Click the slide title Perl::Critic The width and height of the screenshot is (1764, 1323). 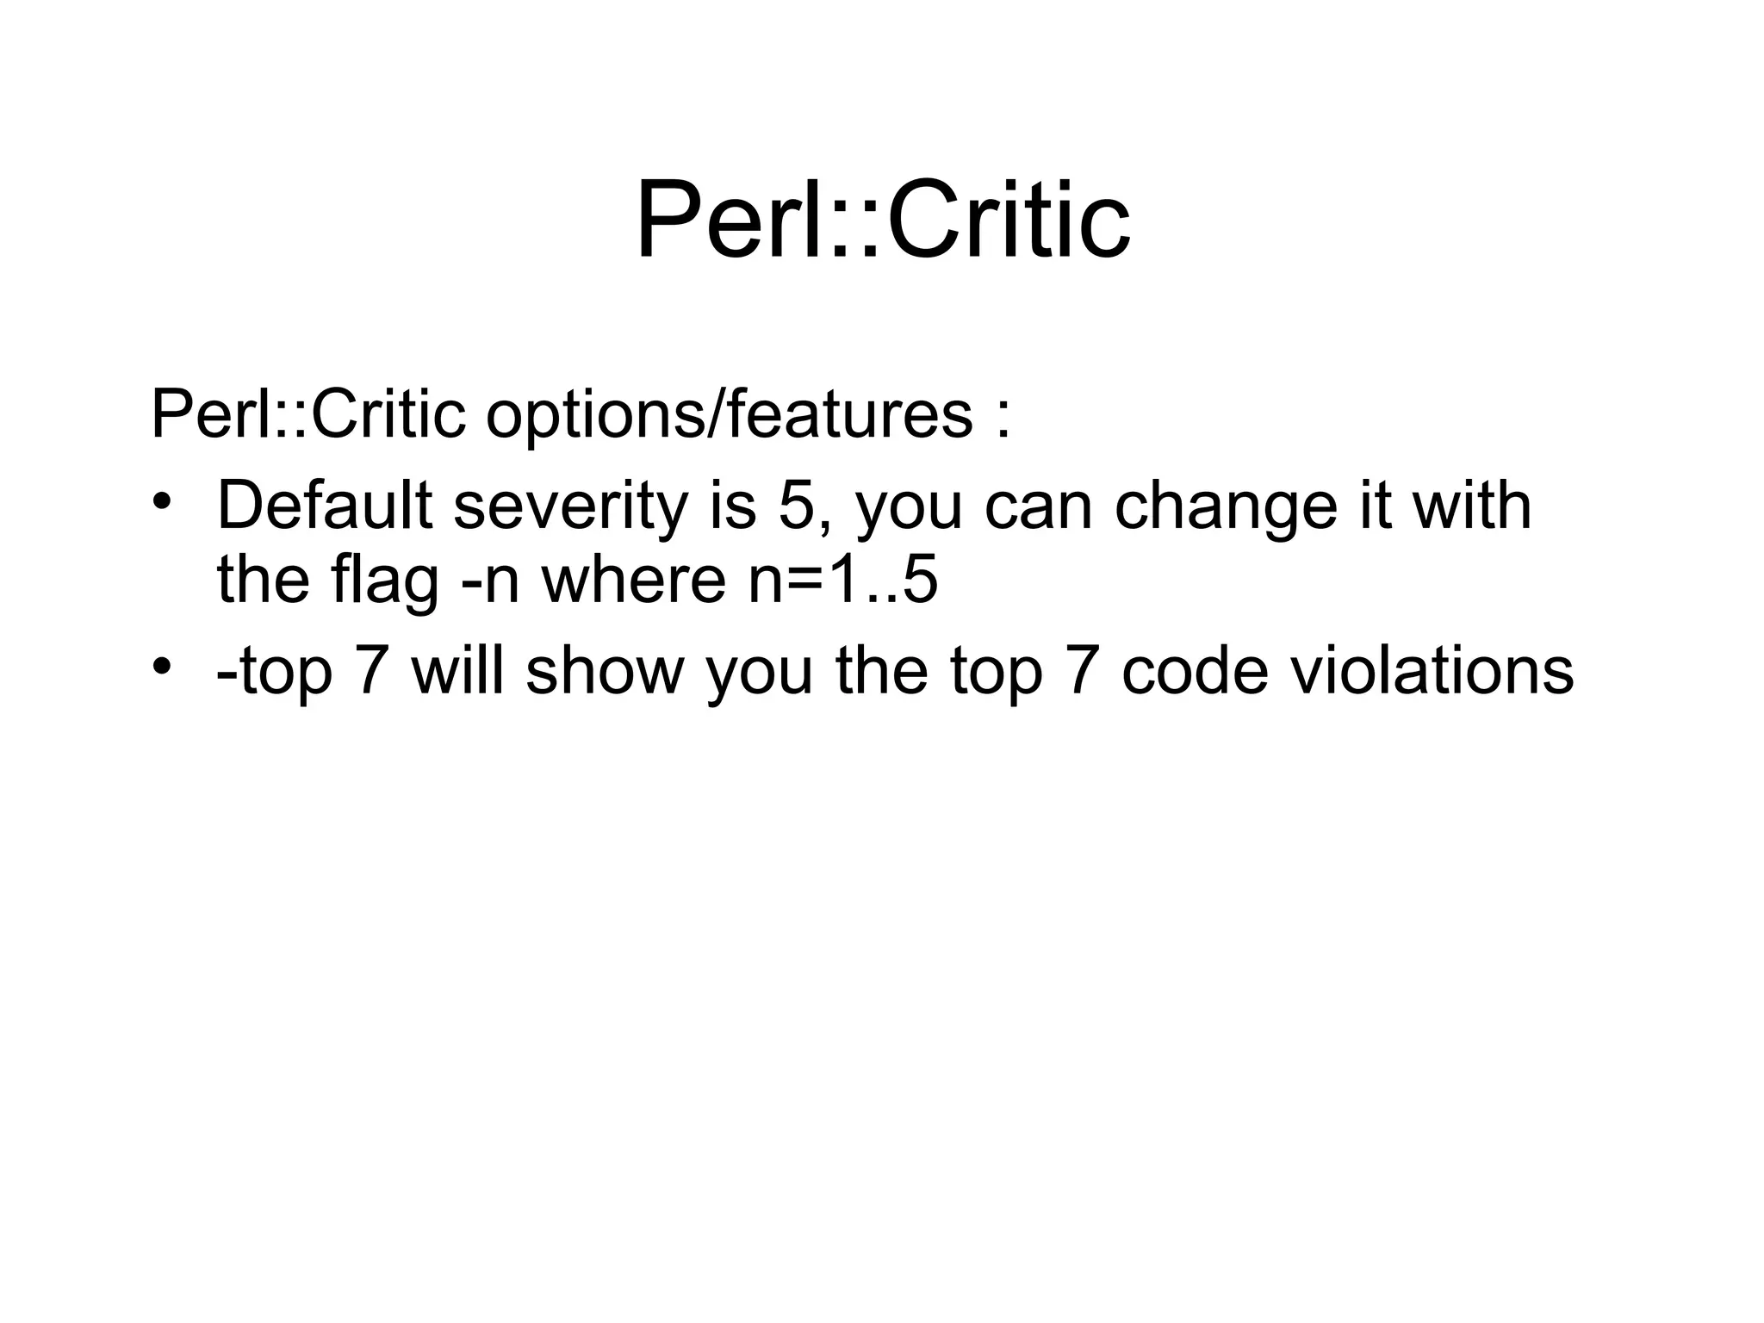coord(882,220)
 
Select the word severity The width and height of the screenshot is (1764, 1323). coord(570,506)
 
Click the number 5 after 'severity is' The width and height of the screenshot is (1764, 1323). coord(796,506)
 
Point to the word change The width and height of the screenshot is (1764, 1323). coord(1226,506)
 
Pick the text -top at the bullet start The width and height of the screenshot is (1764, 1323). coord(274,672)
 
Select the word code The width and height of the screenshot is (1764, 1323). coord(1195,672)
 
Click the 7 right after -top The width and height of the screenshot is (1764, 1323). coord(371,672)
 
